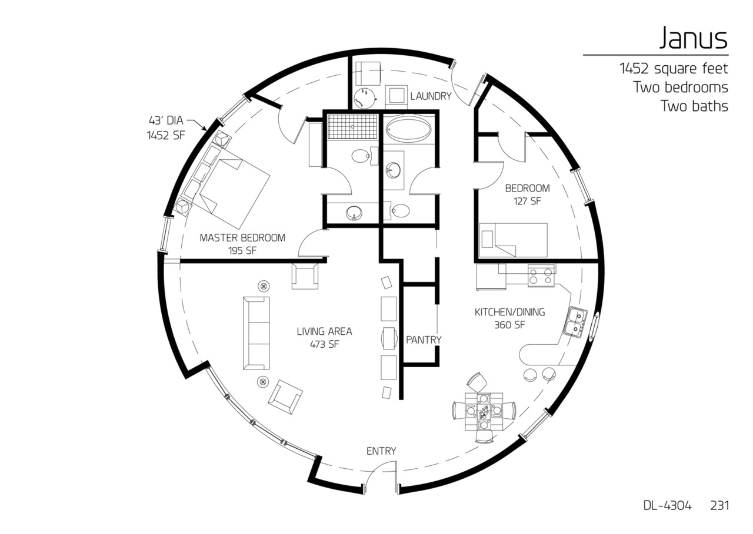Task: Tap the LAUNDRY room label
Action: [x=431, y=96]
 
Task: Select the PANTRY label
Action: [x=424, y=340]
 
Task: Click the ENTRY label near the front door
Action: [x=381, y=451]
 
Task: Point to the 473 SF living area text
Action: [x=324, y=345]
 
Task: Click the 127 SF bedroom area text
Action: [x=527, y=201]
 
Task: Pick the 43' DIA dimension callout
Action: [x=166, y=121]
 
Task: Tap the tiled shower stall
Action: [x=352, y=127]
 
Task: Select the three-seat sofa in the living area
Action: [x=256, y=333]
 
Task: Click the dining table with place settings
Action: [x=484, y=409]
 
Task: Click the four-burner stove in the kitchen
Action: [x=541, y=275]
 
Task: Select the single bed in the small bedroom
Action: [x=514, y=240]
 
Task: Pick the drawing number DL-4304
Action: [x=667, y=506]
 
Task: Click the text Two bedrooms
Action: [x=681, y=88]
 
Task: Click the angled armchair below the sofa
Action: [x=285, y=394]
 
